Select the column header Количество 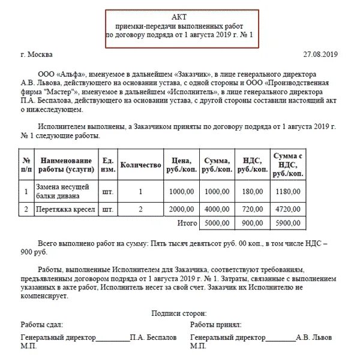[x=141, y=165]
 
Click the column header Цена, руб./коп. [x=181, y=165]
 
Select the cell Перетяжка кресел [x=65, y=210]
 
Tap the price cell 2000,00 [x=181, y=210]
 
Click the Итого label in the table [x=187, y=223]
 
